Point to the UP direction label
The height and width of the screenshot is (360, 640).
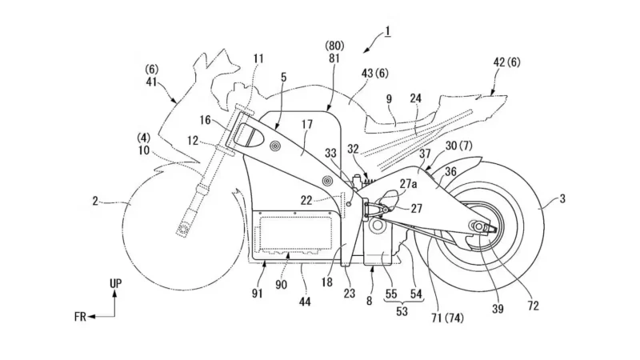pos(116,284)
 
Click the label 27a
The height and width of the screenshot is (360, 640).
pos(408,183)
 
